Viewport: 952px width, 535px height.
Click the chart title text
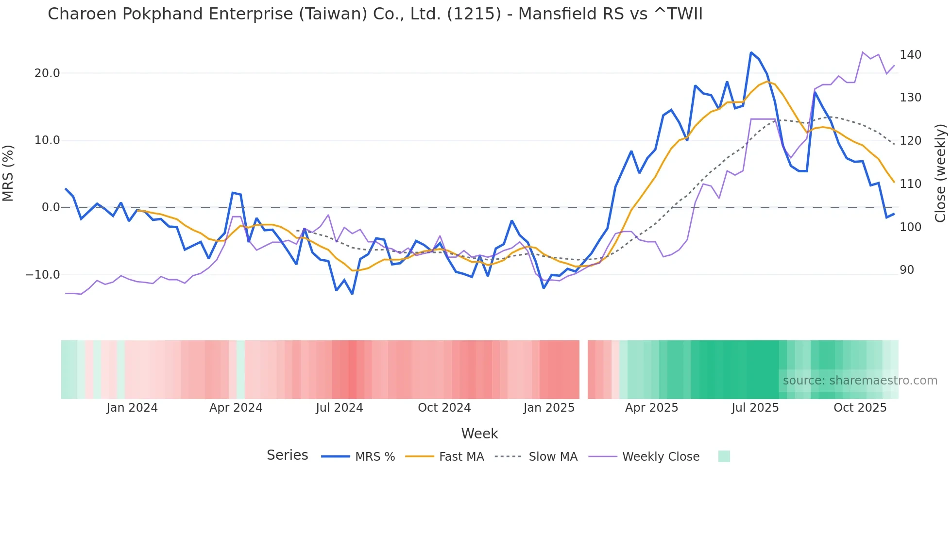pyautogui.click(x=375, y=14)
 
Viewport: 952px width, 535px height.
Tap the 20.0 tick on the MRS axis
pyautogui.click(x=47, y=73)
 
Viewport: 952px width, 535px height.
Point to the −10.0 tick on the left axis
pyautogui.click(x=43, y=275)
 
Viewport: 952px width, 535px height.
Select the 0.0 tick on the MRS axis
pyautogui.click(x=51, y=207)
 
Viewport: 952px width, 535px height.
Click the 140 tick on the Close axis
pyautogui.click(x=910, y=55)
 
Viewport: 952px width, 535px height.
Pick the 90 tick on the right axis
pyautogui.click(x=907, y=270)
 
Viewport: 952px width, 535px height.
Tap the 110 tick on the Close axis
pyautogui.click(x=910, y=184)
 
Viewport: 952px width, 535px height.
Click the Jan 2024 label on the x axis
pyautogui.click(x=132, y=408)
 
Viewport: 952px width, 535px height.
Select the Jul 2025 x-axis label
pyautogui.click(x=755, y=408)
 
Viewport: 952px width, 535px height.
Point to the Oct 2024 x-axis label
pyautogui.click(x=444, y=408)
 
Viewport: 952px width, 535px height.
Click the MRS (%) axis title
pyautogui.click(x=8, y=173)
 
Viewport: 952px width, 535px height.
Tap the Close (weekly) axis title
pyautogui.click(x=940, y=173)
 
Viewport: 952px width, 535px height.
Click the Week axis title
pyautogui.click(x=479, y=434)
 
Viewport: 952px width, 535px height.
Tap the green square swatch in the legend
pyautogui.click(x=724, y=456)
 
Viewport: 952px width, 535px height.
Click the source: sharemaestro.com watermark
pyautogui.click(x=860, y=381)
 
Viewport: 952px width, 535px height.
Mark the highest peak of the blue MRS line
pyautogui.click(x=751, y=52)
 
